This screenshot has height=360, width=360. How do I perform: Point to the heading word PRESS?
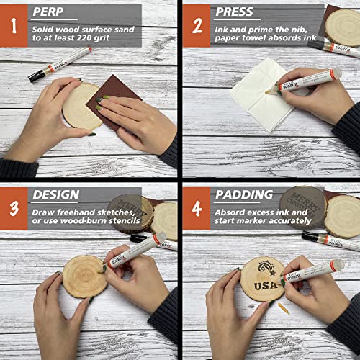pyautogui.click(x=235, y=12)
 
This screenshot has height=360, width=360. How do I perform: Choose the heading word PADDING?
pyautogui.click(x=243, y=194)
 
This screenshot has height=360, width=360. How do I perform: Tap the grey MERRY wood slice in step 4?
pyautogui.click(x=302, y=199)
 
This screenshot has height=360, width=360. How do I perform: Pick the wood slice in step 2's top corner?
pyautogui.click(x=344, y=22)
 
